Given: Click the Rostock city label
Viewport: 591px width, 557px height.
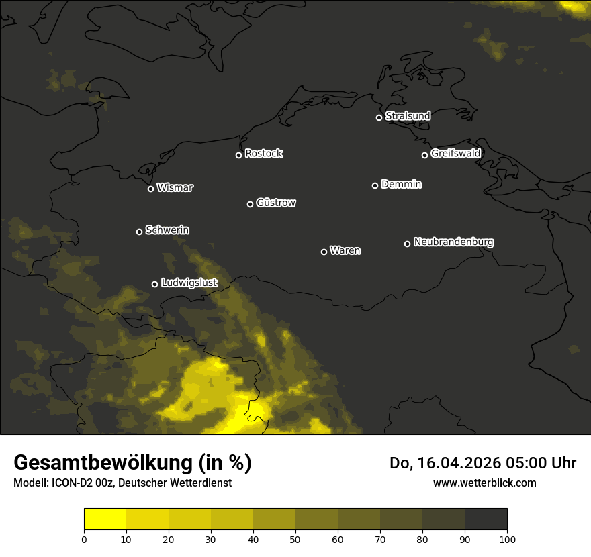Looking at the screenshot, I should click(x=264, y=154).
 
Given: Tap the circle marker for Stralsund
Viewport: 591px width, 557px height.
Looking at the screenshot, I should click(x=379, y=117).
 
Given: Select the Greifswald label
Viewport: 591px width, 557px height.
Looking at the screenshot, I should click(x=455, y=153).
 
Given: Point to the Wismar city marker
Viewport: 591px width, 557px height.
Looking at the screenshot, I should click(x=150, y=189).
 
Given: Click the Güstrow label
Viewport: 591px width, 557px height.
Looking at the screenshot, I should click(x=276, y=203).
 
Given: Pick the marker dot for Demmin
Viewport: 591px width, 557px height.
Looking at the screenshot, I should click(x=375, y=185).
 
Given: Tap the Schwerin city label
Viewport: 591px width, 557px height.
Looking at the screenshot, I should click(x=167, y=230).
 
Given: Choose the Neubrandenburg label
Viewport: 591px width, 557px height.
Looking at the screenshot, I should click(x=453, y=242).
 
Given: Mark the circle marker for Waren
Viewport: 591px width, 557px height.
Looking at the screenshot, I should click(x=324, y=252).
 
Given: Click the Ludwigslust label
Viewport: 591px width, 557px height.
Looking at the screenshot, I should click(x=189, y=283).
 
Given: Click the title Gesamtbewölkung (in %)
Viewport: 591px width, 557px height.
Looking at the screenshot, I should click(x=132, y=463).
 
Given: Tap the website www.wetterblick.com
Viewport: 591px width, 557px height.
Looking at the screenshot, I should click(x=484, y=483).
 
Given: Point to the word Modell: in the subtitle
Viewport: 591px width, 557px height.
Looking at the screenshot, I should click(x=30, y=483).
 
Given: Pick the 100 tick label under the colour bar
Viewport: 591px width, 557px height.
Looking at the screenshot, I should click(x=507, y=538).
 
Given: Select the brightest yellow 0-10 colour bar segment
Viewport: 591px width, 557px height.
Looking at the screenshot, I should click(x=105, y=519).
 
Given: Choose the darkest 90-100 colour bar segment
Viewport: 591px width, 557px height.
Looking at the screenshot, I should click(x=486, y=519).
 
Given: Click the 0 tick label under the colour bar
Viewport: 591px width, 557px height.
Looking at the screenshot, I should click(x=84, y=538).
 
